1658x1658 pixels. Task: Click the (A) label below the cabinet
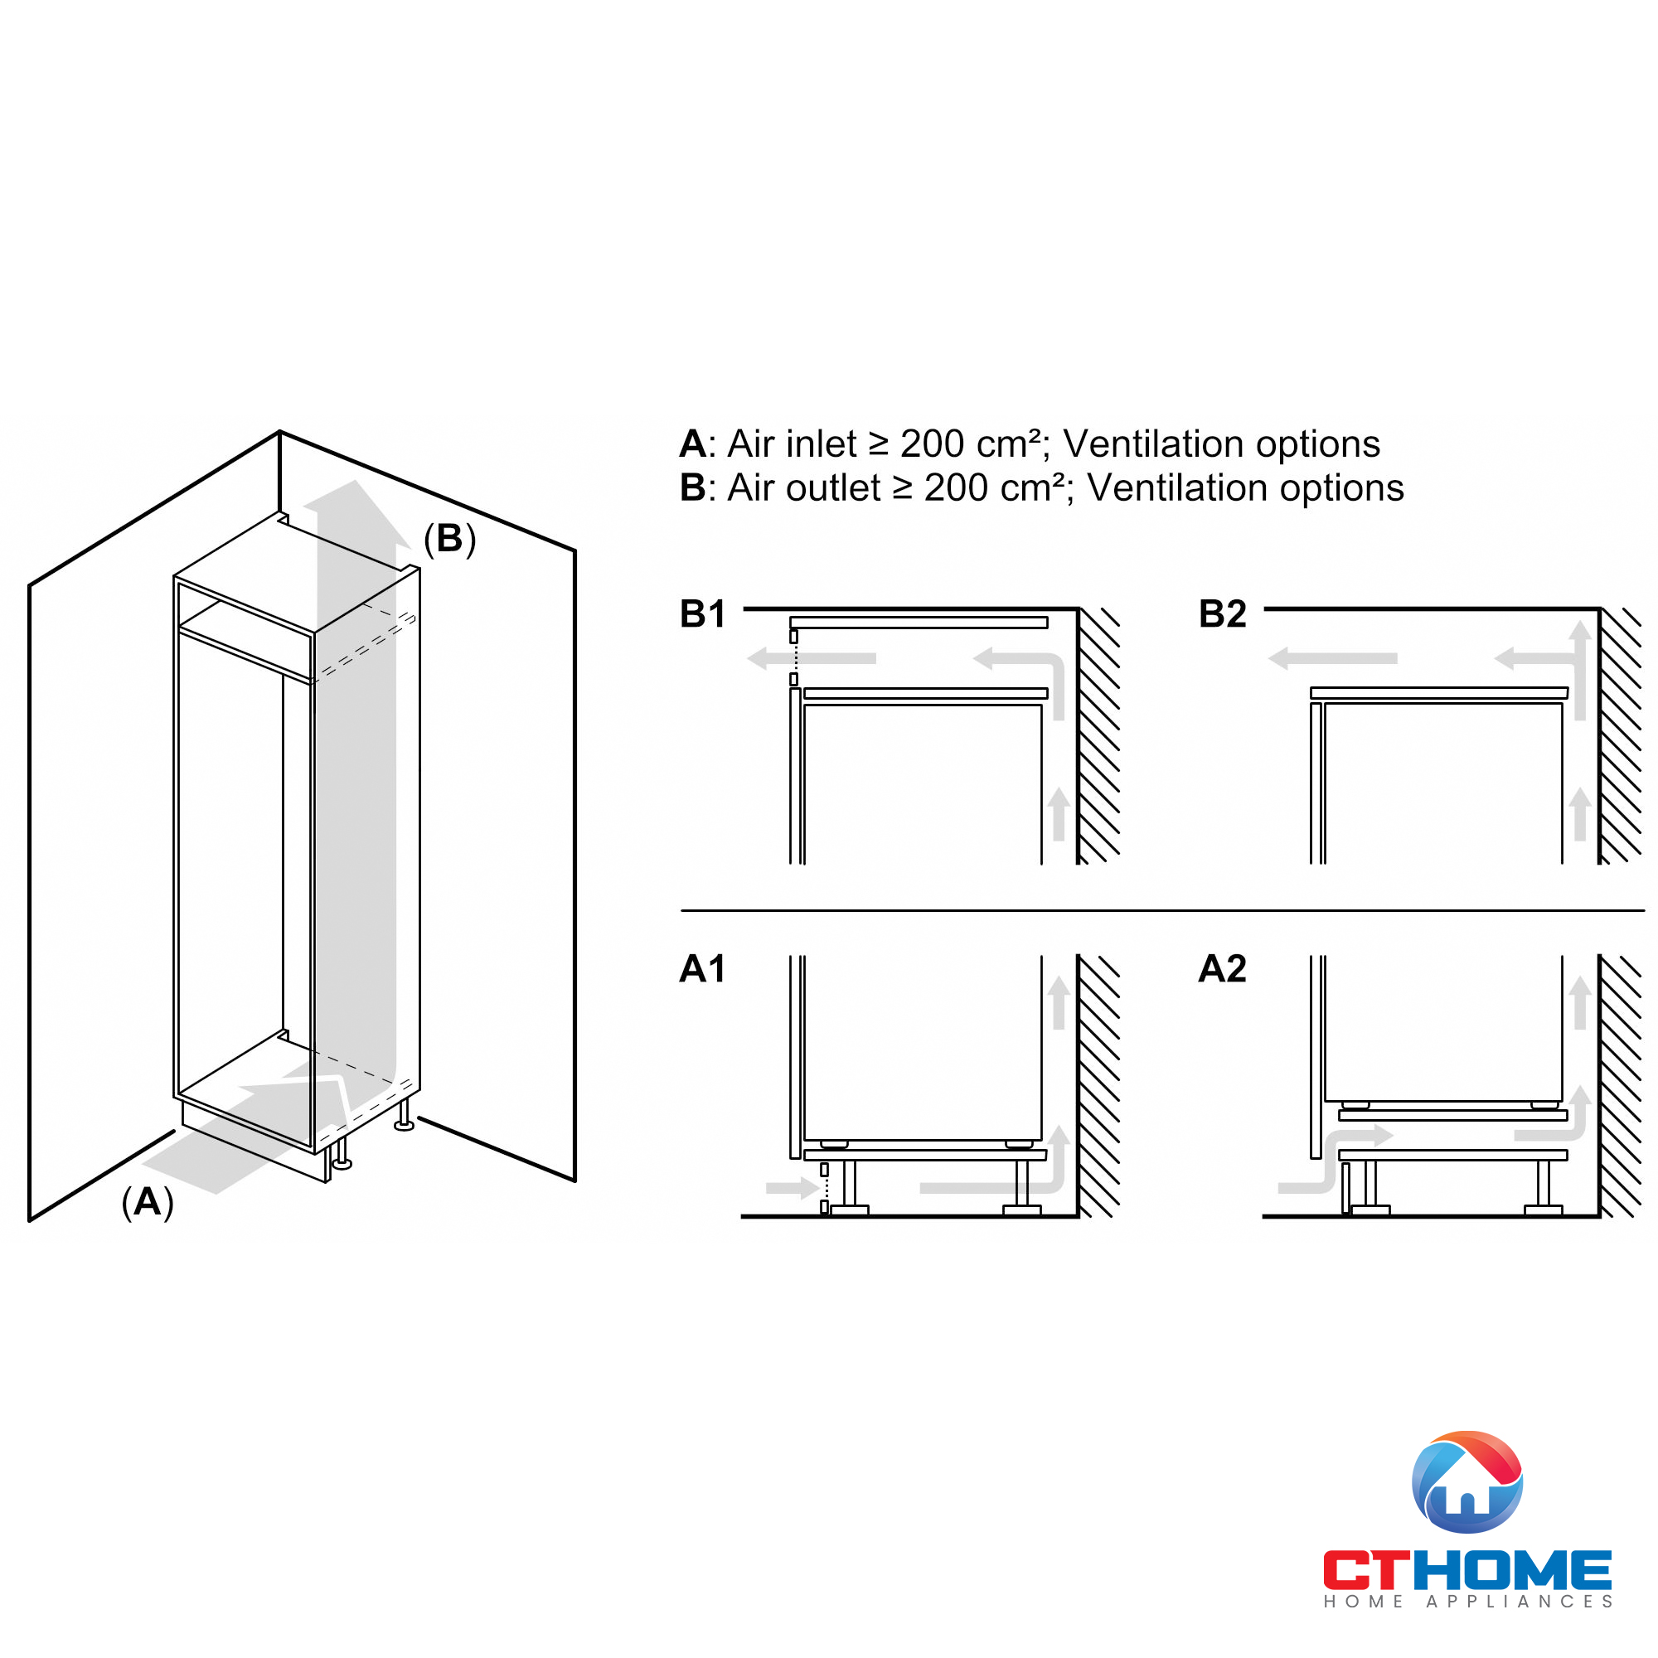(x=148, y=1202)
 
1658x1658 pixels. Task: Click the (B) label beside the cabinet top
(x=449, y=539)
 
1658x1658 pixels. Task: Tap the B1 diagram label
(x=702, y=614)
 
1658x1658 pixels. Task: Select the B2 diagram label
(x=1222, y=614)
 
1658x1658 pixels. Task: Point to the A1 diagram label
(x=702, y=969)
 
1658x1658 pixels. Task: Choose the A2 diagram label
(x=1222, y=969)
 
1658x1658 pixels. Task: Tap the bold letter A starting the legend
(x=691, y=444)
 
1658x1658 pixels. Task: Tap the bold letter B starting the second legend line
(x=691, y=488)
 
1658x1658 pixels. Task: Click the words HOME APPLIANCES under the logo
(x=1467, y=1602)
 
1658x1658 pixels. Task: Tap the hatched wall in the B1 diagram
(x=1099, y=738)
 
